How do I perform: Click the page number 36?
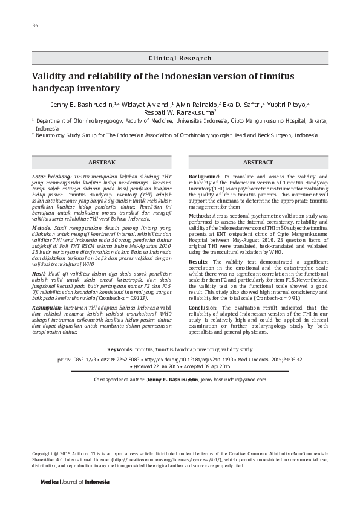35,25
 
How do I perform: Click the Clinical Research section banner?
180,59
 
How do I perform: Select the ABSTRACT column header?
258,163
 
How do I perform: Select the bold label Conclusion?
205,308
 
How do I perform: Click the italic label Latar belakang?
50,176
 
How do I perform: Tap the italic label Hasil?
39,274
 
